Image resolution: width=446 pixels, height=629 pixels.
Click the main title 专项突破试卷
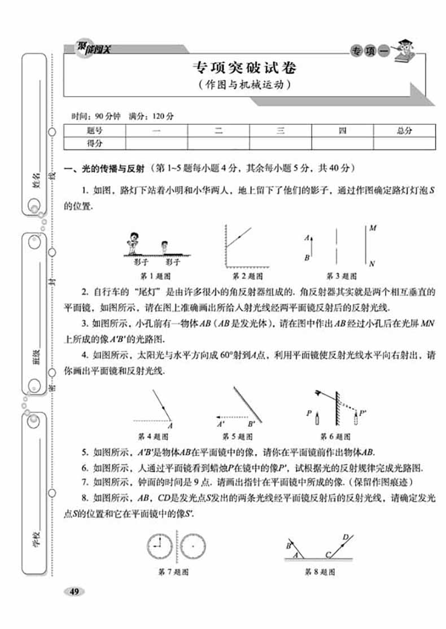(244, 69)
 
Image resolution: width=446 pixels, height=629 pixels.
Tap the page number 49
(75, 592)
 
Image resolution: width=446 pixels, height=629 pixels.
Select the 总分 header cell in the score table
(404, 131)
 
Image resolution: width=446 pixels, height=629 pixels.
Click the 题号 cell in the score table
(95, 131)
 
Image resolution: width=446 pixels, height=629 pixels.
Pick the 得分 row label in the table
(95, 144)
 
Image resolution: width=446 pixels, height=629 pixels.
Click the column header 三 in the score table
(280, 131)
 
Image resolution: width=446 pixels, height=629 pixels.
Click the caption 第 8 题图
(320, 572)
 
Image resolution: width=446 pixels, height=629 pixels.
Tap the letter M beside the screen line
(373, 229)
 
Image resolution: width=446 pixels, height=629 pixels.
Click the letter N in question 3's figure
(373, 263)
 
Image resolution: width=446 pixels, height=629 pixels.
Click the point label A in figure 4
(170, 426)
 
